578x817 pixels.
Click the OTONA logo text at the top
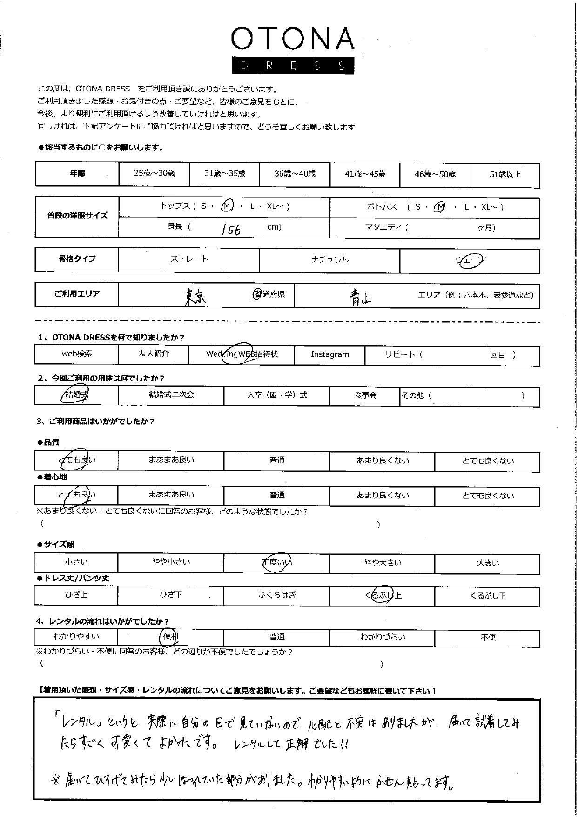[x=293, y=40]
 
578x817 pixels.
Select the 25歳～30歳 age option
[x=154, y=173]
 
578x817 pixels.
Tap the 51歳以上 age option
[x=505, y=175]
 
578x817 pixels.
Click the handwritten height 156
[x=231, y=229]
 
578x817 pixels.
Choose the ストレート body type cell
[x=189, y=259]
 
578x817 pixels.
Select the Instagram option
[x=329, y=354]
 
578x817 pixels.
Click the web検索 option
[x=77, y=354]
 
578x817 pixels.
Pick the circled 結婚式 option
[x=75, y=395]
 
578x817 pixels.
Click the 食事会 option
[x=365, y=395]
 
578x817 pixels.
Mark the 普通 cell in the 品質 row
[x=277, y=460]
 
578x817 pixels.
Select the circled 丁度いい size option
[x=277, y=562]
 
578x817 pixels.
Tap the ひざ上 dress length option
[x=76, y=595]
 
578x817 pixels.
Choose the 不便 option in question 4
[x=488, y=638]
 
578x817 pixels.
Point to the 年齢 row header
[x=77, y=174]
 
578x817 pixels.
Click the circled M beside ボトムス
[x=439, y=208]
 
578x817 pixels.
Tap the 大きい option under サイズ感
[x=488, y=563]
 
